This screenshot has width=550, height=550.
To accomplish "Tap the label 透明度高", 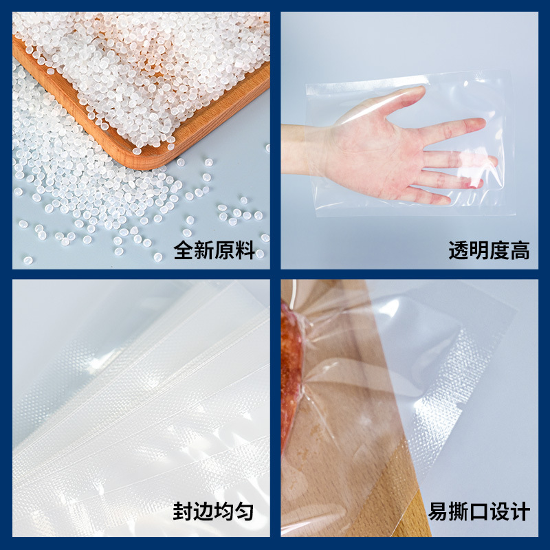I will point(489,250).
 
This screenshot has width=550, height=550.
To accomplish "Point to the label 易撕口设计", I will point(479,511).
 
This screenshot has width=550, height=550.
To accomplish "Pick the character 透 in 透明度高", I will point(459,250).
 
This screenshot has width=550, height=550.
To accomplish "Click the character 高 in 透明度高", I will point(520,250).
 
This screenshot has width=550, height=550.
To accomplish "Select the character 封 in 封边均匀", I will point(183,511).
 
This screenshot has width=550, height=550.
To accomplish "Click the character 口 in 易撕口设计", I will point(479,511).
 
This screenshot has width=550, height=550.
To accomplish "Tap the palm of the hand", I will point(371,151).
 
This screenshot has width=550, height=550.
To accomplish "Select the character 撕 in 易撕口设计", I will point(459,511).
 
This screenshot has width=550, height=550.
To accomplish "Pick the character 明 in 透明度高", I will point(479,250).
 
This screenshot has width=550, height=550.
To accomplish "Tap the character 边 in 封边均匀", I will point(203,511).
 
